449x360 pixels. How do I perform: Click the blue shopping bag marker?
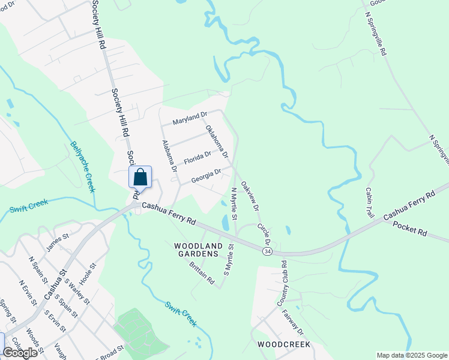click(140, 178)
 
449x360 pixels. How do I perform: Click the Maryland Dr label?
click(190, 118)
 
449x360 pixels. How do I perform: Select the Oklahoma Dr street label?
click(217, 141)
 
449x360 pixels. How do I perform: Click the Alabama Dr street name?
click(169, 156)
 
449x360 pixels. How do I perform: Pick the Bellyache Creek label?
click(83, 166)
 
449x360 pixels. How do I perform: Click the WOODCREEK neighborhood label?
click(283, 344)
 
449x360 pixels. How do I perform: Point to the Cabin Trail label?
click(369, 202)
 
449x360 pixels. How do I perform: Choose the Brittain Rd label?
click(201, 272)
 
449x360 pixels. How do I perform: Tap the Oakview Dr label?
click(250, 196)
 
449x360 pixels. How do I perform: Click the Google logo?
click(20, 353)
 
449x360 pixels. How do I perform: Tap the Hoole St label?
click(88, 274)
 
